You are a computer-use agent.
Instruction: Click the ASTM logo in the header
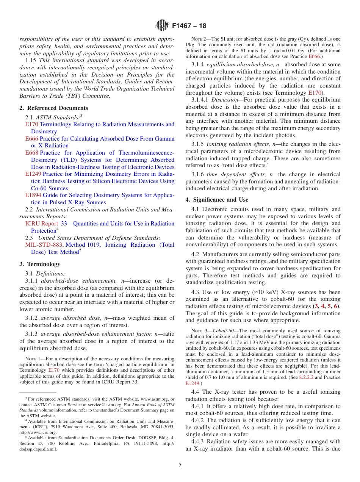click(162, 26)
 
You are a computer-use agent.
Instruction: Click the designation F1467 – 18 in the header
click(189, 26)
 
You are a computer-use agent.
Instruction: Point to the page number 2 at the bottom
click(180, 465)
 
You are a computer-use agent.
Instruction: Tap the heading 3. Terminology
click(39, 264)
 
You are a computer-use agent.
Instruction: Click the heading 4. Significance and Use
click(217, 200)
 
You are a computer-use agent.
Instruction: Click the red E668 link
click(31, 153)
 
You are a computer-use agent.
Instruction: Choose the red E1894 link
click(33, 195)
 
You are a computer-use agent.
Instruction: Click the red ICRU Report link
click(42, 224)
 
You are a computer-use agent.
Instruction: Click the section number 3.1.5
click(197, 144)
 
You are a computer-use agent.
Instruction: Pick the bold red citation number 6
click(335, 306)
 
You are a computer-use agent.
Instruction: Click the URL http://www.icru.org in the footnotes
click(38, 432)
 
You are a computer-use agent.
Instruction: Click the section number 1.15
click(31, 60)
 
